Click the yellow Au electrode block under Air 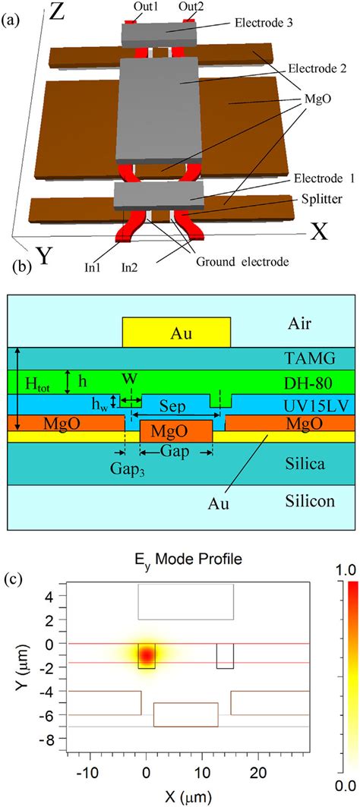pyautogui.click(x=177, y=332)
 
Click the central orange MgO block pyautogui.click(x=176, y=431)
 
